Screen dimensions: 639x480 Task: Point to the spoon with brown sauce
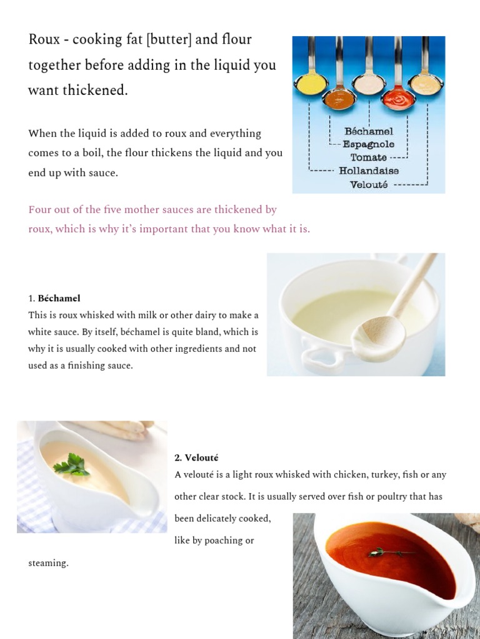point(341,99)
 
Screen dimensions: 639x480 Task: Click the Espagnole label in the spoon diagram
point(369,144)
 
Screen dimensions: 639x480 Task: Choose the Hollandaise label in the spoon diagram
point(369,170)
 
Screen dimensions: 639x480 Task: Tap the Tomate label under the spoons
point(369,157)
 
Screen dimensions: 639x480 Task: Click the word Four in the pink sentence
point(40,210)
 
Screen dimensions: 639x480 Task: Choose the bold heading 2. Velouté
point(197,458)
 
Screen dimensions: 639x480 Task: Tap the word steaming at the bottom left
point(47,563)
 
